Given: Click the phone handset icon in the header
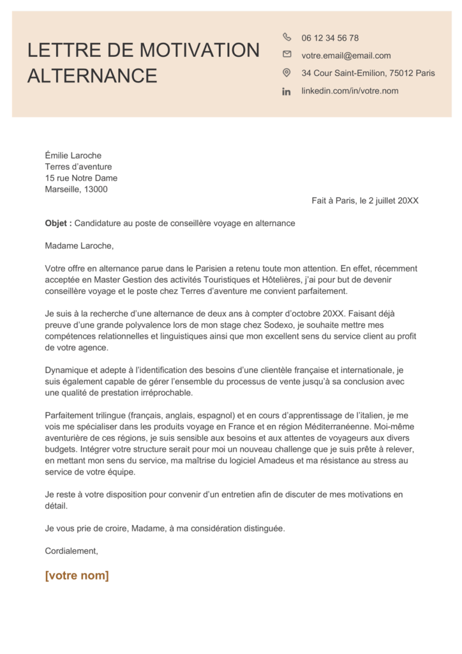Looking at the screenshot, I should (287, 37).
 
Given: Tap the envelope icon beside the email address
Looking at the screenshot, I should (287, 55).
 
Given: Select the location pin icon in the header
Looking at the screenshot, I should (287, 73).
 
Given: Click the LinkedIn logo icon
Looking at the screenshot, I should (287, 91).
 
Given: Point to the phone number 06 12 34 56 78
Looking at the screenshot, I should (330, 38).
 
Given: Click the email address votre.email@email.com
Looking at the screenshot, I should (346, 56).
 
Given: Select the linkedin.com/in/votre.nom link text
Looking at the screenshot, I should (350, 91).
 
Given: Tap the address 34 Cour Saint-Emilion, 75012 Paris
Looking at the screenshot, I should (368, 73).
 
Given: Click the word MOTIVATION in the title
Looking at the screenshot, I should (199, 50).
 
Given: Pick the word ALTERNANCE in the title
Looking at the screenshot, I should (92, 75).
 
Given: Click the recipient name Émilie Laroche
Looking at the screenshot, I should (73, 155).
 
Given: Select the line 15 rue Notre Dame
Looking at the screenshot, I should (81, 178).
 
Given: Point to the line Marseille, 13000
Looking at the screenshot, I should (76, 189).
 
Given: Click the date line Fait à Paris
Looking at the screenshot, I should (365, 201).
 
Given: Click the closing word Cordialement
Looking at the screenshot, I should (71, 551).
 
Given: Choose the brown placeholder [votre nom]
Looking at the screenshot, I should (77, 575).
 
